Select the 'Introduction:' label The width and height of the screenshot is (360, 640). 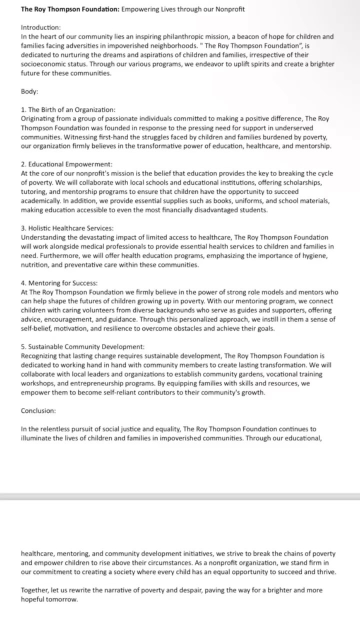coord(40,27)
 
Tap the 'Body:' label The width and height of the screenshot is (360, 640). coord(29,91)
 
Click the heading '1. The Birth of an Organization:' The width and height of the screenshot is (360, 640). coord(68,109)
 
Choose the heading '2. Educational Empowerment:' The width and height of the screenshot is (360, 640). coord(66,164)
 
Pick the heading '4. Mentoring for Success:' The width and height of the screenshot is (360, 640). coord(59,283)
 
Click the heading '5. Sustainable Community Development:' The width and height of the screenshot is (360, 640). coord(82,346)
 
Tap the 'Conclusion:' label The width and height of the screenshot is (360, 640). coord(38,410)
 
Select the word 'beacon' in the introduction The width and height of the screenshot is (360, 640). coord(253,37)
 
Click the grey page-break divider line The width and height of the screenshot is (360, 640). coord(180,496)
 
